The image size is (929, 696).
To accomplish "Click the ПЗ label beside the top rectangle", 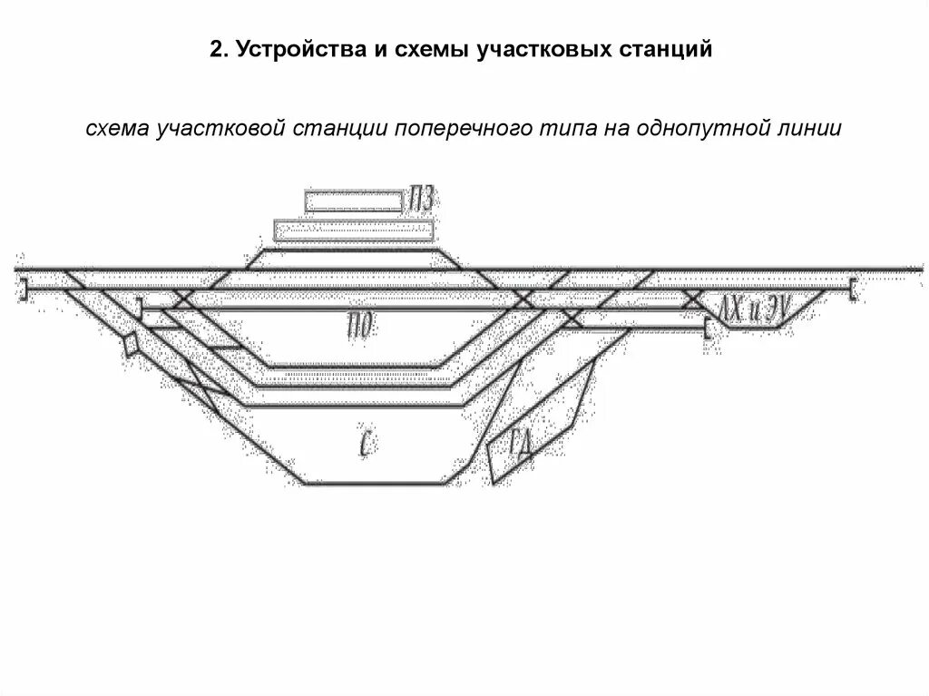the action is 420,200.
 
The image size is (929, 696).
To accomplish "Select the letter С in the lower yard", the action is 365,441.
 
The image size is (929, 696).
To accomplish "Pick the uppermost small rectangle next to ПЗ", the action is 353,201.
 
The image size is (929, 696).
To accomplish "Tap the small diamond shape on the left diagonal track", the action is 132,344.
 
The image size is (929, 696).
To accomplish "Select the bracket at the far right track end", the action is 854,289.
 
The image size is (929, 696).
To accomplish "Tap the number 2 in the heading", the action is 214,52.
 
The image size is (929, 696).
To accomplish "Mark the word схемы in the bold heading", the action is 421,52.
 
